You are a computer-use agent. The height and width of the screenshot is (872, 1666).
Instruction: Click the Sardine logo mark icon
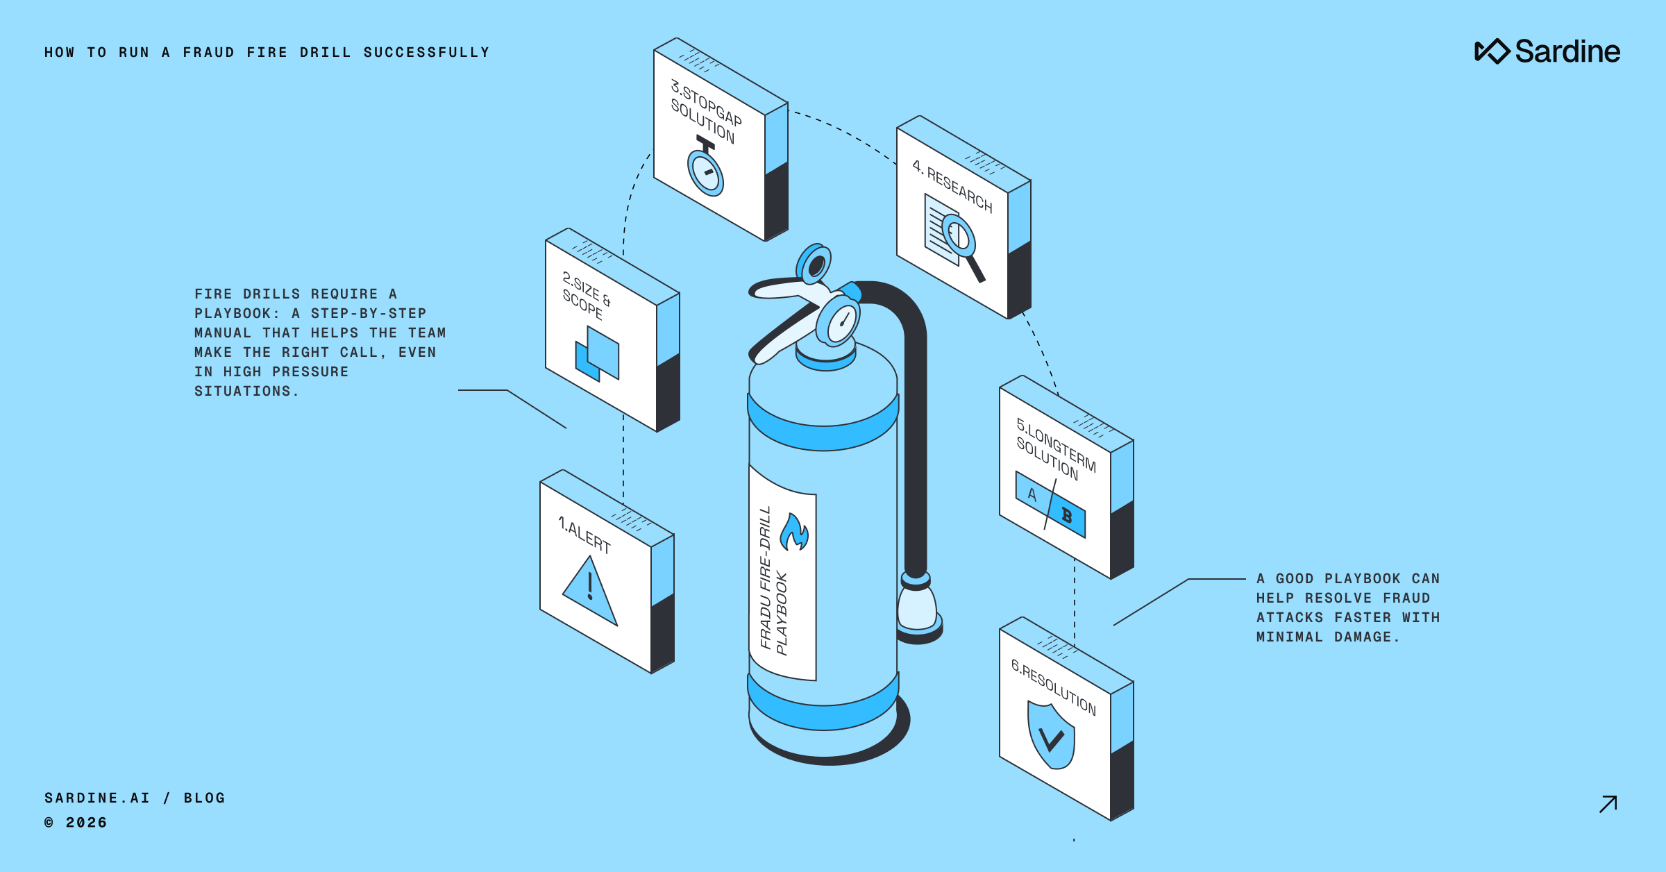click(x=1492, y=51)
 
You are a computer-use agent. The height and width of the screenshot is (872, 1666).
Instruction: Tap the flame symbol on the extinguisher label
click(x=794, y=533)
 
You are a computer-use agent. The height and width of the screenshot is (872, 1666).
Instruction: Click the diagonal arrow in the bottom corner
click(x=1608, y=804)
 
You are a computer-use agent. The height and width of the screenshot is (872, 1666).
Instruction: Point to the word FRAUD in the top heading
click(x=208, y=53)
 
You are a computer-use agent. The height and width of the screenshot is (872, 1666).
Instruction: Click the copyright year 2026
click(x=86, y=823)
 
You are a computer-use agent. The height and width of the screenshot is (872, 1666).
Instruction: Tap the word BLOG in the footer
click(x=204, y=798)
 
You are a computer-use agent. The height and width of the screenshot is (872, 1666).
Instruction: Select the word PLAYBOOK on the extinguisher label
click(x=782, y=614)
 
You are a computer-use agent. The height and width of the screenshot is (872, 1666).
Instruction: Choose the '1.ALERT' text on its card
click(x=585, y=535)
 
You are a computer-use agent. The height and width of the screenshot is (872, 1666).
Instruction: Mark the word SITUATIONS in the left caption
click(x=242, y=392)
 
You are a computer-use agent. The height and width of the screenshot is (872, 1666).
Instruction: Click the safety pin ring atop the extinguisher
click(x=815, y=265)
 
